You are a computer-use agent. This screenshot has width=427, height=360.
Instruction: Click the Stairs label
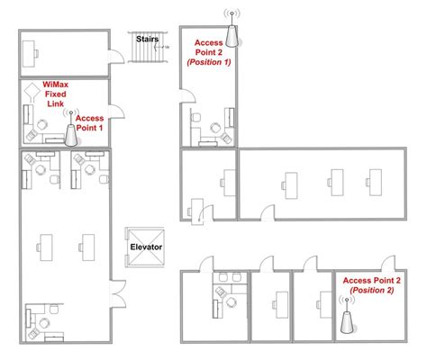coord(147,39)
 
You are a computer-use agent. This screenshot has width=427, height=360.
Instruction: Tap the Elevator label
coord(146,247)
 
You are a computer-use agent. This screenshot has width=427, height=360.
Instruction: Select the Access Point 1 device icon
coord(71,129)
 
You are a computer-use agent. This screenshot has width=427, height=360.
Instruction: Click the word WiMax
coord(56,85)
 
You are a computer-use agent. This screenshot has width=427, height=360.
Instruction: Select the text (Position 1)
coord(209,62)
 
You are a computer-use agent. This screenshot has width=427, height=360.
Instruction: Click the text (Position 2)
coord(372,290)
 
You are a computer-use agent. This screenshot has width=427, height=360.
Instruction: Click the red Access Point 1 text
coord(89,123)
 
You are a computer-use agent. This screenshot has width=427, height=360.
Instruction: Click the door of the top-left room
coord(116,56)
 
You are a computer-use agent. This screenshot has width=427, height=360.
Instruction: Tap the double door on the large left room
coord(118,293)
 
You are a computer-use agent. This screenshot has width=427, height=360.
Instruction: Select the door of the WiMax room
coord(116,112)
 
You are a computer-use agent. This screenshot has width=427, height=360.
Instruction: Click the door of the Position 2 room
coord(388,263)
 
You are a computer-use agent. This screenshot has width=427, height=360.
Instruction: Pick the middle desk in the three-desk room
coord(336,183)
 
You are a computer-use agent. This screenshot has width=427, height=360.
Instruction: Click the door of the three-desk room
coord(268,212)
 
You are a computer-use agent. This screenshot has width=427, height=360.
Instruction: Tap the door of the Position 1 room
coord(188,96)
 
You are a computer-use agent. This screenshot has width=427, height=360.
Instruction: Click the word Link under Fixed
coord(56,103)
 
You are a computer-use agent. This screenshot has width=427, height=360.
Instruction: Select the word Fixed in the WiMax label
coord(56,94)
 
